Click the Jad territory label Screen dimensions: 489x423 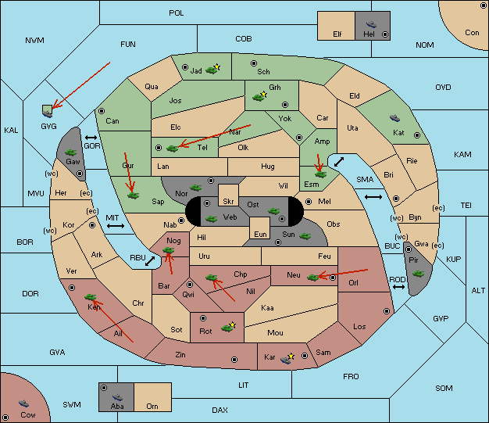tap(196, 71)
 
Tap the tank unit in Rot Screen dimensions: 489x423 tap(227, 328)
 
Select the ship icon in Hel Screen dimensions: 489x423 tap(371, 24)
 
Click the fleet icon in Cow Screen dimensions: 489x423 tap(23, 403)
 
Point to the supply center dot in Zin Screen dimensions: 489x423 tap(234, 360)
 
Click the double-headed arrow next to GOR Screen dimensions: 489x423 tap(91, 138)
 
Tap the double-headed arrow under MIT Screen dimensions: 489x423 tap(116, 226)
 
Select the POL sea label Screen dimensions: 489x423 tap(177, 13)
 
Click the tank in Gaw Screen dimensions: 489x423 tap(71, 152)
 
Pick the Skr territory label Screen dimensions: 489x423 tap(228, 202)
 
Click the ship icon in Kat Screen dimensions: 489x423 tap(394, 118)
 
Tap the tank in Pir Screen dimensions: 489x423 tap(418, 274)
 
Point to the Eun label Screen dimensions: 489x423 tap(260, 234)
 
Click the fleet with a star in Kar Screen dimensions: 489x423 tap(287, 359)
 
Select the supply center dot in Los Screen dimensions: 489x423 tap(387, 311)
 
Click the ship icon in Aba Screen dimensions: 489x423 tap(117, 397)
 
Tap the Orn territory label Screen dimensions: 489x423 tap(152, 406)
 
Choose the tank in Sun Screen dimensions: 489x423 tap(305, 236)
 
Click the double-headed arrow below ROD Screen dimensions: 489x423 tap(398, 287)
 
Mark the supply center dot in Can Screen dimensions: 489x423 tap(102, 111)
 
